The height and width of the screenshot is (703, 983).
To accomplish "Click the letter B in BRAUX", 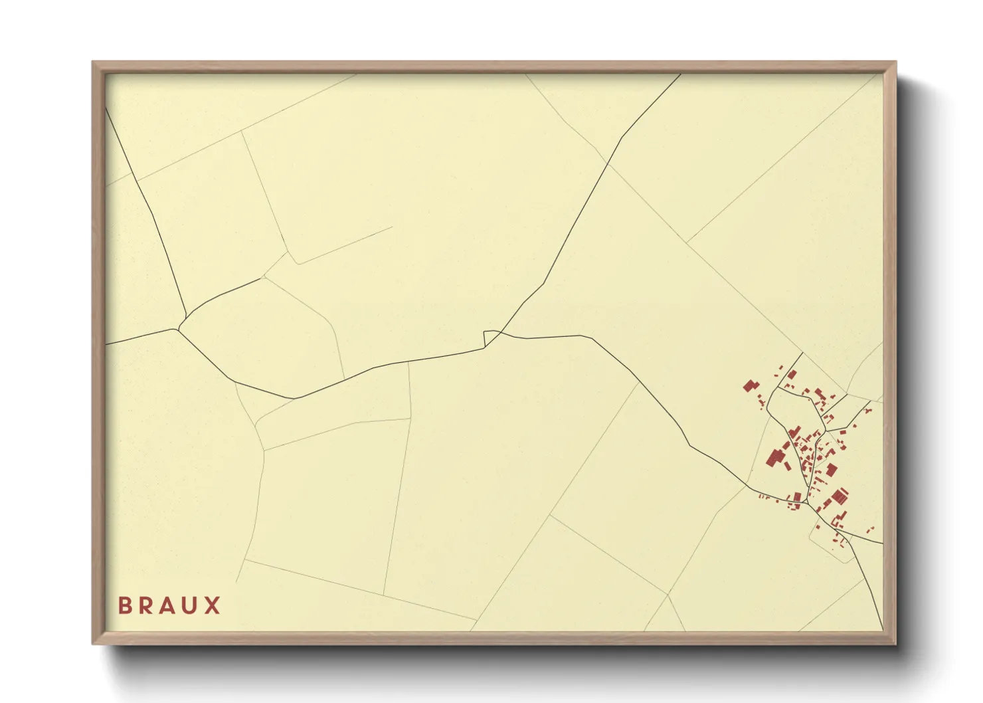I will [x=125, y=605].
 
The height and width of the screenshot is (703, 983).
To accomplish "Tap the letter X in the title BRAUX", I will [x=213, y=605].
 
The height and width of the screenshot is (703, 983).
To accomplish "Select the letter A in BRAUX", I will [x=169, y=605].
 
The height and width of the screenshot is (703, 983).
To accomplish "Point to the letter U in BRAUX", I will [x=191, y=605].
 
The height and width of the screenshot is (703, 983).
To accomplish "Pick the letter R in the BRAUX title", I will [x=147, y=605].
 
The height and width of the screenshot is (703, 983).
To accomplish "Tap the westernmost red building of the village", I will [x=750, y=386].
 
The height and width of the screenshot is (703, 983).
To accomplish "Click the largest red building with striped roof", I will [x=840, y=496].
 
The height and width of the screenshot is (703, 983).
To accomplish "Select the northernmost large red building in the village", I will [x=792, y=375].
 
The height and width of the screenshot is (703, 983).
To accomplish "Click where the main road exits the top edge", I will [x=680, y=74].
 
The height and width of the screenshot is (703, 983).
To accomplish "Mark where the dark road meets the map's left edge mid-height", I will [x=106, y=344].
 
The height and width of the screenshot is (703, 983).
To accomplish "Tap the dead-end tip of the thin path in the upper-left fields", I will [x=392, y=227].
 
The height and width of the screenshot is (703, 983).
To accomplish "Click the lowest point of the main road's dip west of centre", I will [x=294, y=398].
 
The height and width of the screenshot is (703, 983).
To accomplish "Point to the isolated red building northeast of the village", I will [x=867, y=410].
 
